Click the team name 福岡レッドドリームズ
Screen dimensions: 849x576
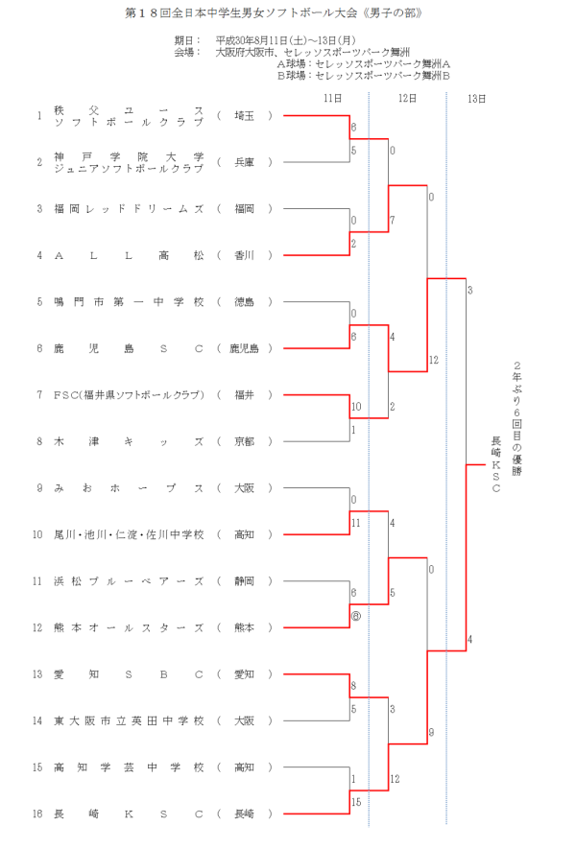pos(130,208)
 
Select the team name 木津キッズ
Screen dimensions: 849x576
pos(130,441)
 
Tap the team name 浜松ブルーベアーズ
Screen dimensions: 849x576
pos(130,581)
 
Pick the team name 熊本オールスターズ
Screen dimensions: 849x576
pos(130,627)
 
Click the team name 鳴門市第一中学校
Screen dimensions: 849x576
pos(130,301)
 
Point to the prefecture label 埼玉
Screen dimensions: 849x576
pos(244,115)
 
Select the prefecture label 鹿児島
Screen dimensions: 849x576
pos(244,348)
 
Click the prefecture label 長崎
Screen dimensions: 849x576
pos(244,814)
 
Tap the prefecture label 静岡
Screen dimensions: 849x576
pos(244,581)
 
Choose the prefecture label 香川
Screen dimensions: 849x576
pos(244,255)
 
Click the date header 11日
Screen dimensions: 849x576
pos(332,98)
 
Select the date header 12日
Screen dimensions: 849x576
pos(406,98)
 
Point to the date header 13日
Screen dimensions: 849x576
pos(476,98)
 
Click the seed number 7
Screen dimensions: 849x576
pos(39,394)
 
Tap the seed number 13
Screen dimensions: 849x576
pos(38,673)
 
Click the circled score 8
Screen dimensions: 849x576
pos(356,616)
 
